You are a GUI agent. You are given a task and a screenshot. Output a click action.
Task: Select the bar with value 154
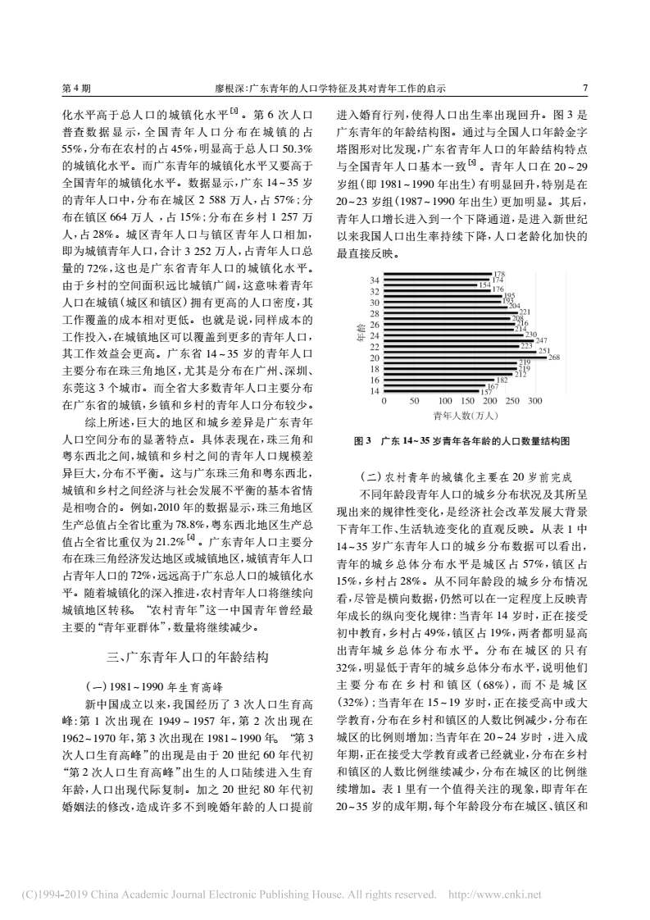pyautogui.click(x=430, y=285)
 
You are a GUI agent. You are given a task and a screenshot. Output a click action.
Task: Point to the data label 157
pyautogui.click(x=485, y=392)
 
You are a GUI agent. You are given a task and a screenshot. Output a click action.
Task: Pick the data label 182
pyautogui.click(x=502, y=380)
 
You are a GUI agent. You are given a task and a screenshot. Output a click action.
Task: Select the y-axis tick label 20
pyautogui.click(x=375, y=358)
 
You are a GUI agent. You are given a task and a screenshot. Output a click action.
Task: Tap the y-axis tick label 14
pyautogui.click(x=375, y=392)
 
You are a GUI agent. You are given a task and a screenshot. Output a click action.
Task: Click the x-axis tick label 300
pyautogui.click(x=535, y=402)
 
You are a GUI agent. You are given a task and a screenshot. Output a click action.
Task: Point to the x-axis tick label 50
pyautogui.click(x=412, y=402)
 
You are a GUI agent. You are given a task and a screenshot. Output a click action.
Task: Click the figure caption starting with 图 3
pyautogui.click(x=461, y=441)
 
